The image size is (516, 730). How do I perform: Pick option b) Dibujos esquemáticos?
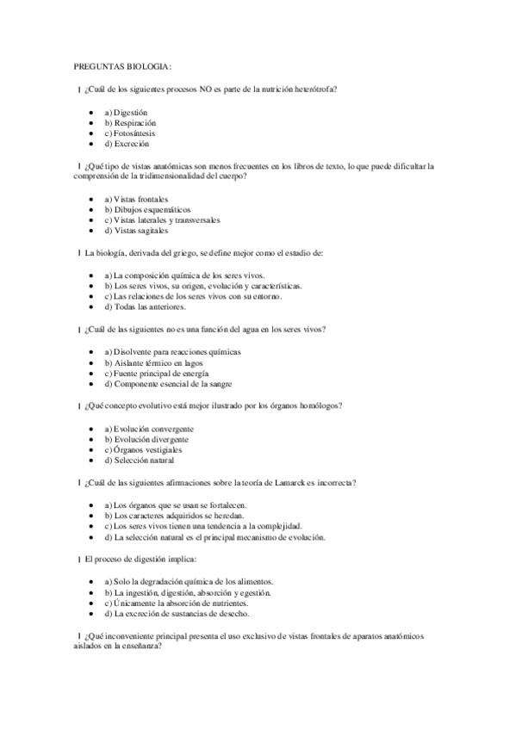(x=147, y=209)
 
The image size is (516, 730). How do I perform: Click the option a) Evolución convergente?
(x=148, y=429)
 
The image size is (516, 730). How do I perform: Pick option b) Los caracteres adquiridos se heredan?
(x=170, y=516)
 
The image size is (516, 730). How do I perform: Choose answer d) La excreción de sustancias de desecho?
(x=177, y=614)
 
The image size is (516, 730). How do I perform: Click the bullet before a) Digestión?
(x=91, y=113)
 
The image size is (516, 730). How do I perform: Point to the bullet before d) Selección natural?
(x=91, y=460)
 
